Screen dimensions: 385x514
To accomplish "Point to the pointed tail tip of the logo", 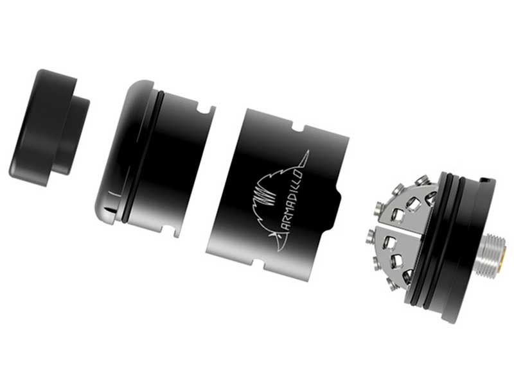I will [x=309, y=152].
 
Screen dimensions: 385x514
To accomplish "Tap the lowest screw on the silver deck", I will [x=407, y=277].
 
